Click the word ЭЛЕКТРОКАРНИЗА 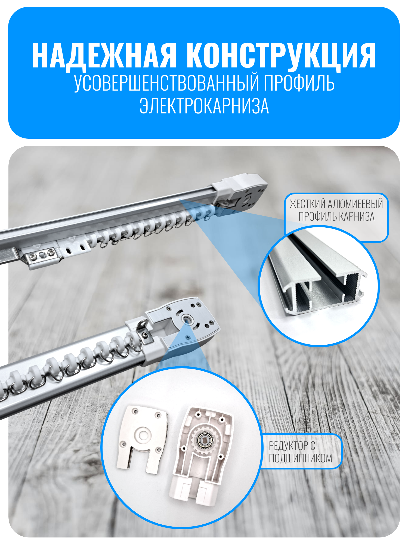204,106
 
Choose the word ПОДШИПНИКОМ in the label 301,459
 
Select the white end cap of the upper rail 239,192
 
